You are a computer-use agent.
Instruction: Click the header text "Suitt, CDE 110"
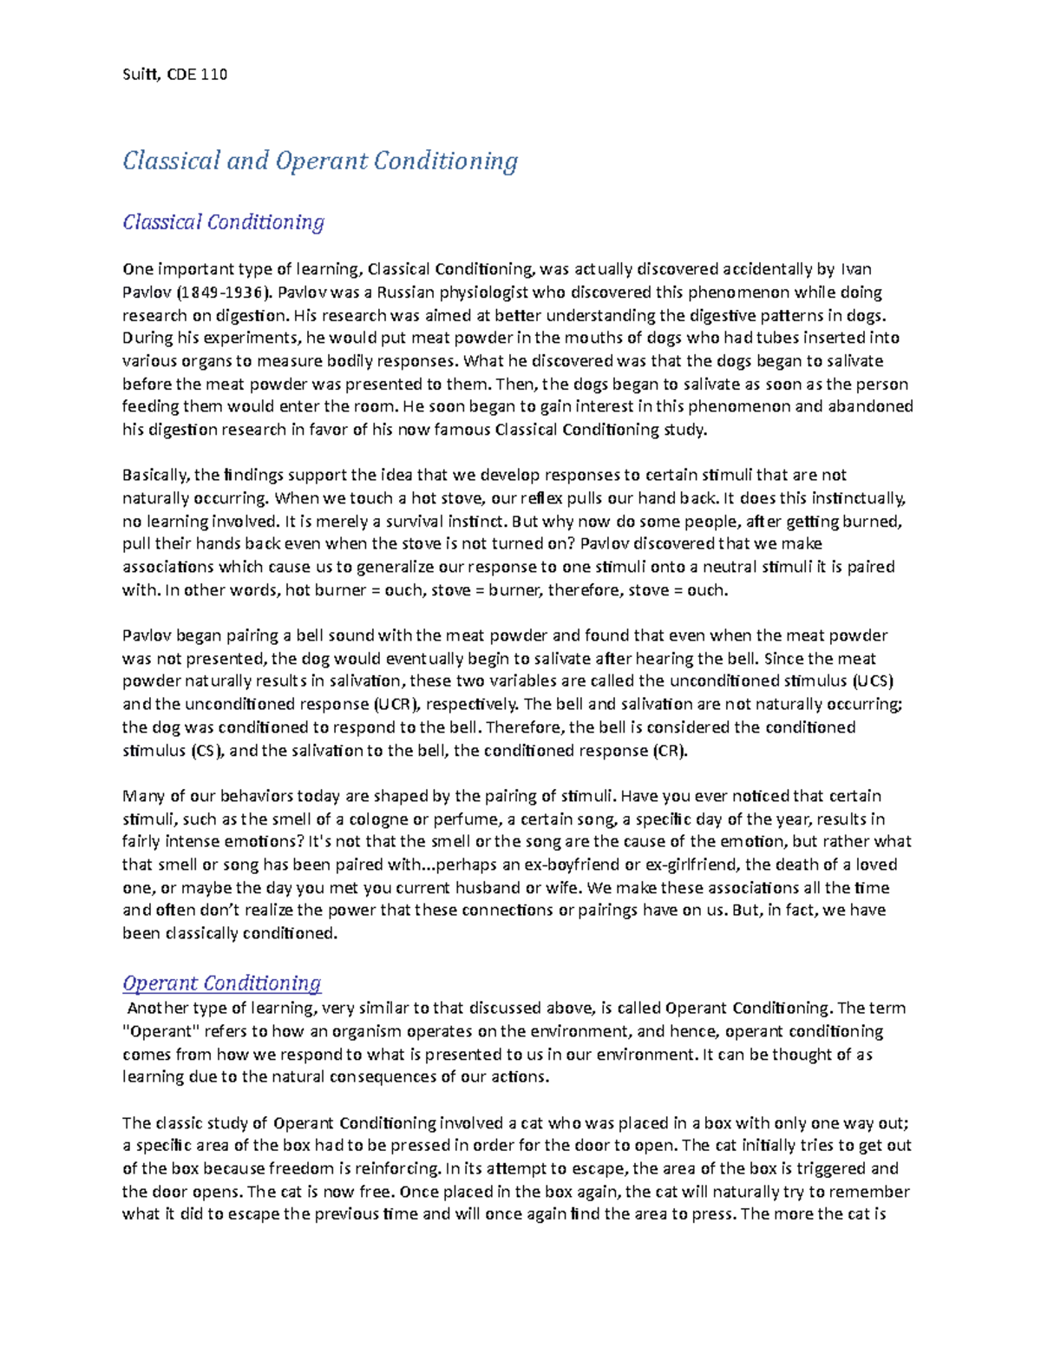pyautogui.click(x=174, y=75)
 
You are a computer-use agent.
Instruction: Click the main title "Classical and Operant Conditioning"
pyautogui.click(x=320, y=161)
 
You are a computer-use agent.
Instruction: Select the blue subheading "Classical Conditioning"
pyautogui.click(x=223, y=222)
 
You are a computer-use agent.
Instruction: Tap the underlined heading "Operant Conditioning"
pyautogui.click(x=221, y=983)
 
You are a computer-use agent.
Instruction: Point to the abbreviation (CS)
pyautogui.click(x=206, y=751)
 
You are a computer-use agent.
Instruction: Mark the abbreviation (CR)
pyautogui.click(x=669, y=751)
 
